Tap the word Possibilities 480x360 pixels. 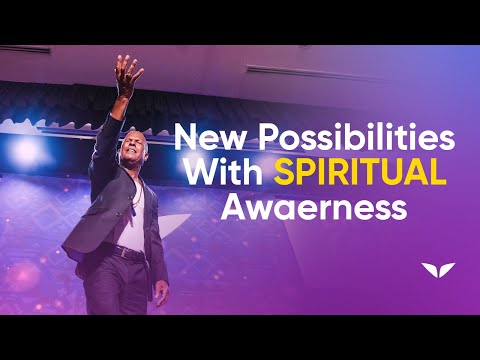point(357,137)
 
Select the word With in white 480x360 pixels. point(223,173)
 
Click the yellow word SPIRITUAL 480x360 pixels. point(360,173)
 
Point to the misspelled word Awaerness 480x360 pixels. point(314,208)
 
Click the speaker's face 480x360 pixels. point(133,149)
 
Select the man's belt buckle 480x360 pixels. point(124,253)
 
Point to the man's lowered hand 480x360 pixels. point(162,293)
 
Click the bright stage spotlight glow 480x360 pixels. point(26,150)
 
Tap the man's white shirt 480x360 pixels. point(133,217)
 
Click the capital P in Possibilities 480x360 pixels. point(268,137)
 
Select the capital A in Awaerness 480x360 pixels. point(233,208)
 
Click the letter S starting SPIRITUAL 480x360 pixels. point(282,173)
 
